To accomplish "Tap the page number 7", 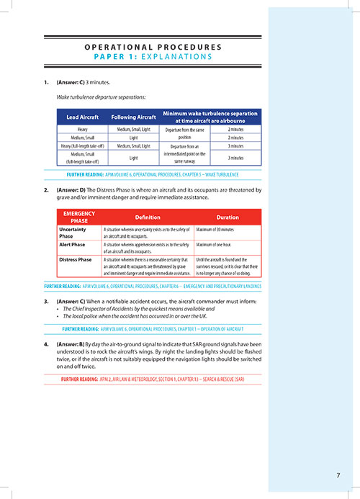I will point(338,475).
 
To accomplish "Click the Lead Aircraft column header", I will point(82,117).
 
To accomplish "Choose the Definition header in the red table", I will point(148,217).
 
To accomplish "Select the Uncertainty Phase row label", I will point(76,234).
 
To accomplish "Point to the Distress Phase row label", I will point(77,260).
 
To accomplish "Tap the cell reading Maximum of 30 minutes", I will point(220,230).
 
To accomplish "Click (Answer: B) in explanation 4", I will point(71,343).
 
